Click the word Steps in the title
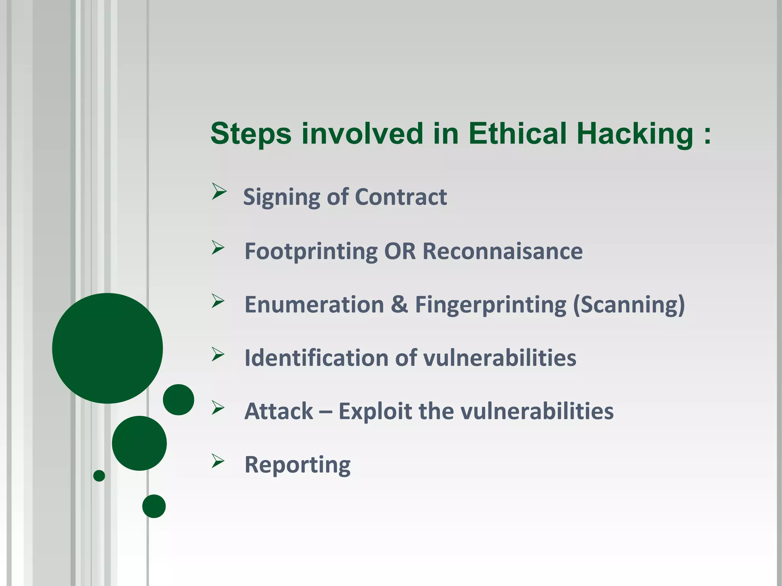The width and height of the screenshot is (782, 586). click(x=251, y=134)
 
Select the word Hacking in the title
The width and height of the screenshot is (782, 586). click(x=635, y=134)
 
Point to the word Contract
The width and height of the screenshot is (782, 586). click(x=401, y=197)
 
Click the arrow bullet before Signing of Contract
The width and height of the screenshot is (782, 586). click(x=219, y=191)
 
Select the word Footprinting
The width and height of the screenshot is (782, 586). click(x=311, y=252)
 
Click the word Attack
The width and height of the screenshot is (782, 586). click(x=279, y=411)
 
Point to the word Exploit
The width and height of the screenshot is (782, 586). click(x=375, y=411)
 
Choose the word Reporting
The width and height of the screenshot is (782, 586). click(x=297, y=465)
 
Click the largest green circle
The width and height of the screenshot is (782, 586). click(x=107, y=348)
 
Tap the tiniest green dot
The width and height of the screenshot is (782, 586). click(x=99, y=475)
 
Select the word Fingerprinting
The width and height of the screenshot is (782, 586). click(x=491, y=305)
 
